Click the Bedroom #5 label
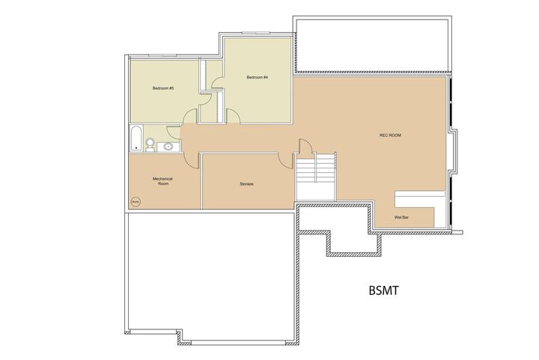coord(163,88)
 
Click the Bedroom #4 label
coord(258,77)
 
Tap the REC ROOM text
coord(391,135)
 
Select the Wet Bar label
coord(401,218)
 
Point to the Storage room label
coord(246,183)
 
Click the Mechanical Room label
coord(163,181)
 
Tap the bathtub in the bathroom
coord(135,139)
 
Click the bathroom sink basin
coord(168,146)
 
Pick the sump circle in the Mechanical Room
coord(136,201)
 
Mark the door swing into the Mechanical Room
coord(192,160)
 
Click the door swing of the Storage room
coord(284,159)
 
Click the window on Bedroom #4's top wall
coord(256,32)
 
